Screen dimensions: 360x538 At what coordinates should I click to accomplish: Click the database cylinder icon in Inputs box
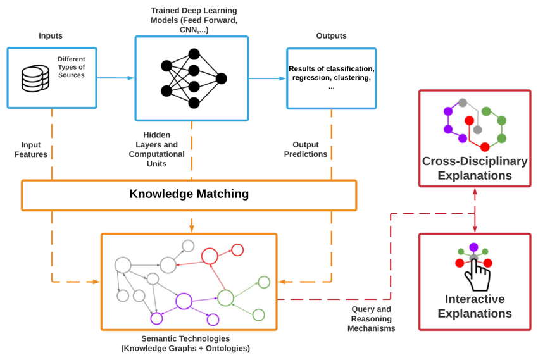35,78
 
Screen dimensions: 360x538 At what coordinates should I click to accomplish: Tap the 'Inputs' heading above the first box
51,36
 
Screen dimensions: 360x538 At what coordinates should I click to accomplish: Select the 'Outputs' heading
331,36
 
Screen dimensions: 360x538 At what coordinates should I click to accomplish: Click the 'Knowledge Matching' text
189,194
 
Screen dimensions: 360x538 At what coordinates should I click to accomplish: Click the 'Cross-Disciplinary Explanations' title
475,168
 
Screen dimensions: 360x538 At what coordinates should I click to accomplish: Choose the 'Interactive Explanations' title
475,306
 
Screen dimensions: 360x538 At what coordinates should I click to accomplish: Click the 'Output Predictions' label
306,149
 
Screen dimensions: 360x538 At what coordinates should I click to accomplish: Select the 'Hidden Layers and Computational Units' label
156,149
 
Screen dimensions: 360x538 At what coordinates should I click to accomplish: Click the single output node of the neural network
221,78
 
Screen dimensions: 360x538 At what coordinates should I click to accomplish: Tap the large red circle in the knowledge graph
210,256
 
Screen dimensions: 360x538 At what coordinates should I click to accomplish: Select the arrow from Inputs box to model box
115,78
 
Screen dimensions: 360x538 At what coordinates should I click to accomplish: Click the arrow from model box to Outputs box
267,78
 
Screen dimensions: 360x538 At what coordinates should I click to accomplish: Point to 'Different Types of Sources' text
71,67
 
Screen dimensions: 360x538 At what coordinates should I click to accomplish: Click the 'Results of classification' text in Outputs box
331,69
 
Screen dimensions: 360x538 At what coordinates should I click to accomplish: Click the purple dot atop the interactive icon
473,247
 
